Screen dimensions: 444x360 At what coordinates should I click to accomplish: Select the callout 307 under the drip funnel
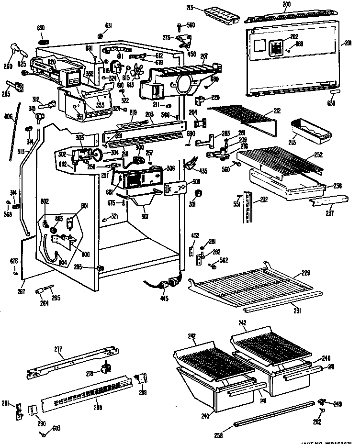tap(145, 216)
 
